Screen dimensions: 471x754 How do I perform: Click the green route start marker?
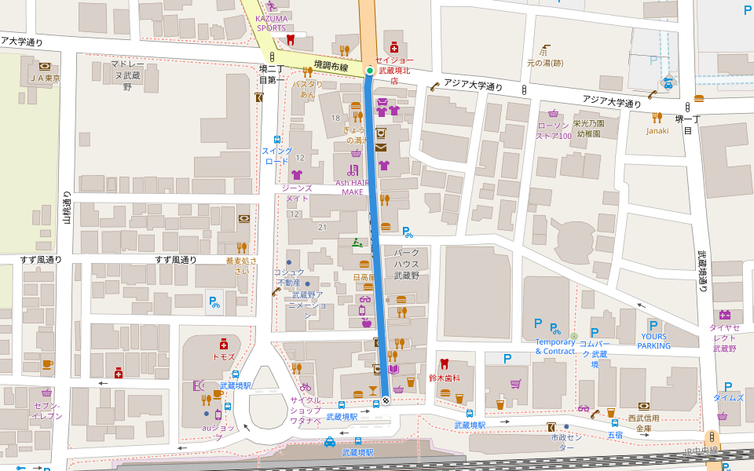tap(369, 71)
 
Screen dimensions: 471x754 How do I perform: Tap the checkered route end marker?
tap(385, 400)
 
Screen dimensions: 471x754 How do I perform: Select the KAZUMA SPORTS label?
tap(272, 23)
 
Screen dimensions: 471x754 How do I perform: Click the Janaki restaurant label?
tap(657, 130)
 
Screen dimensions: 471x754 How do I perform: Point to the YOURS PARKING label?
tap(653, 341)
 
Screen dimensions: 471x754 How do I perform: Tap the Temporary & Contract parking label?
tap(555, 346)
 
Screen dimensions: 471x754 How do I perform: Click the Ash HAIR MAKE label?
tap(352, 187)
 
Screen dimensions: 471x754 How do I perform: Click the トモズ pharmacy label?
tap(224, 356)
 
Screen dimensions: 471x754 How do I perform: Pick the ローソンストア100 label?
tap(553, 130)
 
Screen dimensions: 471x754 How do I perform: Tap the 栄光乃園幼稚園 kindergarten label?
tap(588, 128)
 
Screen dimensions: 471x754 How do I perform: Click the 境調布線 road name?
tap(330, 67)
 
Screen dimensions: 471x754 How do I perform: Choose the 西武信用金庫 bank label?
tap(643, 423)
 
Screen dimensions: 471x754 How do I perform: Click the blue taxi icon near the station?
tap(330, 441)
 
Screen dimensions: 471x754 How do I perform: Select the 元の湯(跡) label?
tap(544, 63)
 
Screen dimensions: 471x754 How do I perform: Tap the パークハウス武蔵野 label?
tap(407, 264)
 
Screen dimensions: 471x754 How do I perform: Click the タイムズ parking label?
tap(728, 398)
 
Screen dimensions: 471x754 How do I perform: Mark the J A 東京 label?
tap(45, 78)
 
